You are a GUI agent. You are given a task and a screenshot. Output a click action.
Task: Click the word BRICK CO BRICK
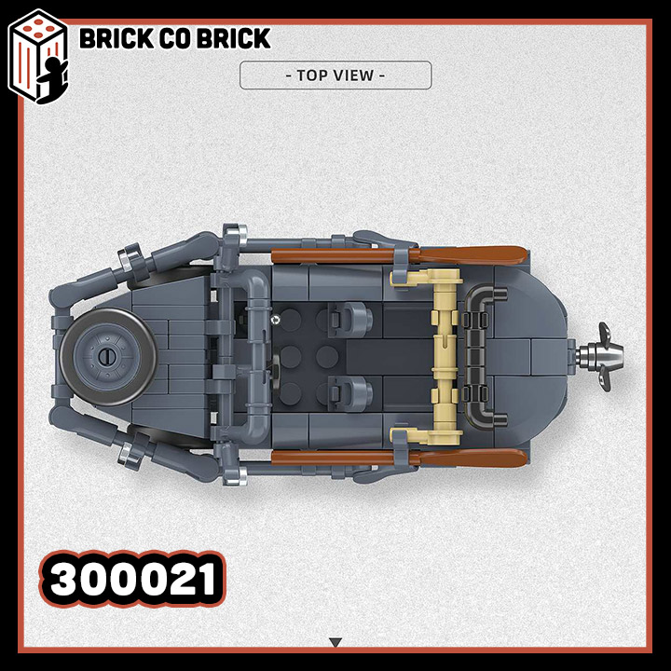pyautogui.click(x=174, y=38)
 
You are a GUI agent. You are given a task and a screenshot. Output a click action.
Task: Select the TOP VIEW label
pyautogui.click(x=335, y=75)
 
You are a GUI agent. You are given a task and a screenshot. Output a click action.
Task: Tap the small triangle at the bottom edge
pyautogui.click(x=335, y=642)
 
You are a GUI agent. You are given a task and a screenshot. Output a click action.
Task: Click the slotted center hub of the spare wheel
pyautogui.click(x=104, y=356)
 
